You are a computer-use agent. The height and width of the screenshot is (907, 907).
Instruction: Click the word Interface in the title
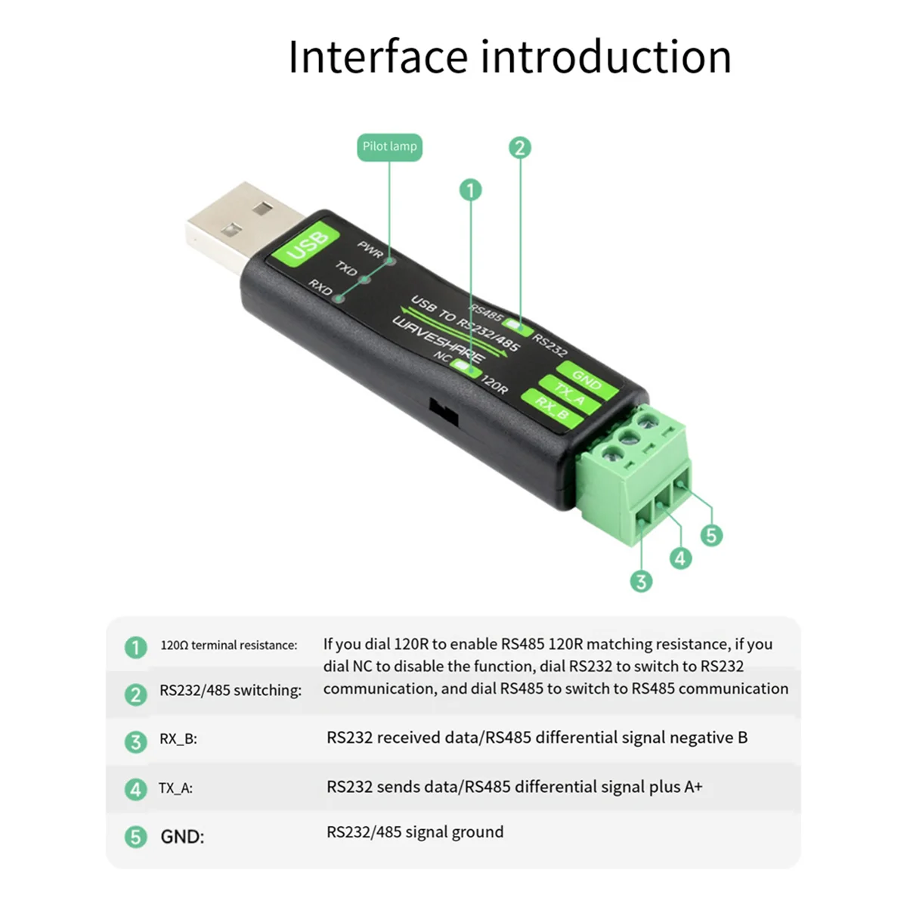pyautogui.click(x=378, y=57)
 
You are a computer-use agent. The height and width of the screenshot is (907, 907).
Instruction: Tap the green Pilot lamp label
pyautogui.click(x=389, y=147)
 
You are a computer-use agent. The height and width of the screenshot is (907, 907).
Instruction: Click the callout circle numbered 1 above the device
pyautogui.click(x=470, y=190)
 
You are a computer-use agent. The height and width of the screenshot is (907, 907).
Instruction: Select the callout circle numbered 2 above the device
pyautogui.click(x=519, y=147)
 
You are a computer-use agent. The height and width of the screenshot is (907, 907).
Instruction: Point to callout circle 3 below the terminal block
pyautogui.click(x=641, y=581)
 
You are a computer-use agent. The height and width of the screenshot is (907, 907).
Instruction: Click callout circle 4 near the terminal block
pyautogui.click(x=680, y=558)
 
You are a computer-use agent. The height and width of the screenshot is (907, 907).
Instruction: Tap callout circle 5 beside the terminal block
pyautogui.click(x=710, y=535)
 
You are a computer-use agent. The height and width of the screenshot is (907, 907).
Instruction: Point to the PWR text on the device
pyautogui.click(x=370, y=249)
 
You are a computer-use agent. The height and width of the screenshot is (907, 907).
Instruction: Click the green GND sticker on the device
pyautogui.click(x=587, y=379)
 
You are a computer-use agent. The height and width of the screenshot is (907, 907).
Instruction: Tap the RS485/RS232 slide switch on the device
pyautogui.click(x=518, y=327)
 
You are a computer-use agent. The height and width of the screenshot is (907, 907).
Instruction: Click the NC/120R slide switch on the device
pyautogui.click(x=463, y=365)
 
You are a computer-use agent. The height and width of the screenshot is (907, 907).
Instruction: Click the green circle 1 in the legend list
pyautogui.click(x=136, y=647)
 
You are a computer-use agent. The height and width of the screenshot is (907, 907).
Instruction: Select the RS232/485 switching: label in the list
pyautogui.click(x=230, y=690)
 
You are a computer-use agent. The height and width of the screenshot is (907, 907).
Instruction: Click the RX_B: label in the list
pyautogui.click(x=178, y=739)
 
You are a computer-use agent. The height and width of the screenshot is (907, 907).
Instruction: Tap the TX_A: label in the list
pyautogui.click(x=175, y=788)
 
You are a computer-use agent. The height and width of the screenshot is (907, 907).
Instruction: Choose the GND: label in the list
pyautogui.click(x=182, y=837)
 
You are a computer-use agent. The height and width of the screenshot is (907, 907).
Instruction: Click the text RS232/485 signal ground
pyautogui.click(x=414, y=832)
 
